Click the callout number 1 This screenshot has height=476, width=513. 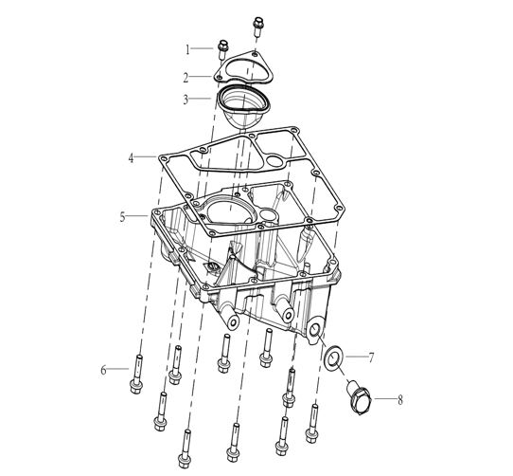[x=187, y=50]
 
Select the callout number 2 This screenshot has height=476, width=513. [x=186, y=78]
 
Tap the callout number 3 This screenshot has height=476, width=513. [x=186, y=100]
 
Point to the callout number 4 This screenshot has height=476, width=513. [x=132, y=158]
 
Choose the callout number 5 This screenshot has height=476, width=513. [x=122, y=217]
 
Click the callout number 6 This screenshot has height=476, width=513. [x=103, y=370]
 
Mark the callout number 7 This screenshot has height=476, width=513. [x=371, y=357]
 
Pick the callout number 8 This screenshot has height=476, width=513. [x=400, y=400]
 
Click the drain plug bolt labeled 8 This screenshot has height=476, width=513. [x=358, y=397]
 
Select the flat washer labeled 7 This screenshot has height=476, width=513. [x=333, y=357]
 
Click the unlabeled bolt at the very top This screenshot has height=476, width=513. [x=257, y=27]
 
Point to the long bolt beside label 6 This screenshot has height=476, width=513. [x=136, y=374]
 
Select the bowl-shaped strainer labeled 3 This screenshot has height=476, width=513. [x=242, y=106]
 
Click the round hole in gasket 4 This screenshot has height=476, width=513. [x=274, y=160]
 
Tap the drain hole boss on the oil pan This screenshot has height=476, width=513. [x=315, y=330]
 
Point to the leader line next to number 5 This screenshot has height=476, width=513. [x=137, y=215]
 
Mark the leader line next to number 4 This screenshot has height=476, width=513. [x=145, y=156]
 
